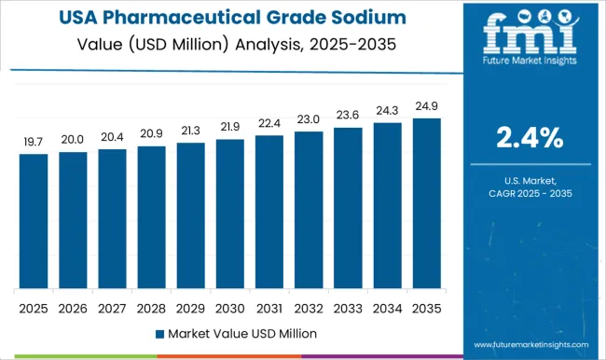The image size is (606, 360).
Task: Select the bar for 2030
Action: (x=229, y=214)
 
